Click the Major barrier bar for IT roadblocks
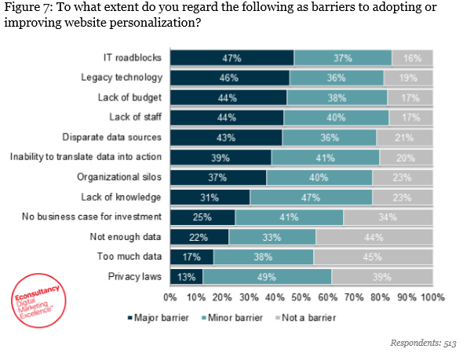point(232,57)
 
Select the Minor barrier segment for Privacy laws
point(267,276)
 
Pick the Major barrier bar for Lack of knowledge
point(210,197)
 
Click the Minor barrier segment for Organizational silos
point(319,177)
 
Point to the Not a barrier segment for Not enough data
point(374,236)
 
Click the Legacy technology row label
point(122,78)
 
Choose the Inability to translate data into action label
point(86,157)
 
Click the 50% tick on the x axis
point(301,298)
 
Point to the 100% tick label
point(432,298)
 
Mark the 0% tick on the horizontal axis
point(170,298)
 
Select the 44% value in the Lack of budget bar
point(228,97)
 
